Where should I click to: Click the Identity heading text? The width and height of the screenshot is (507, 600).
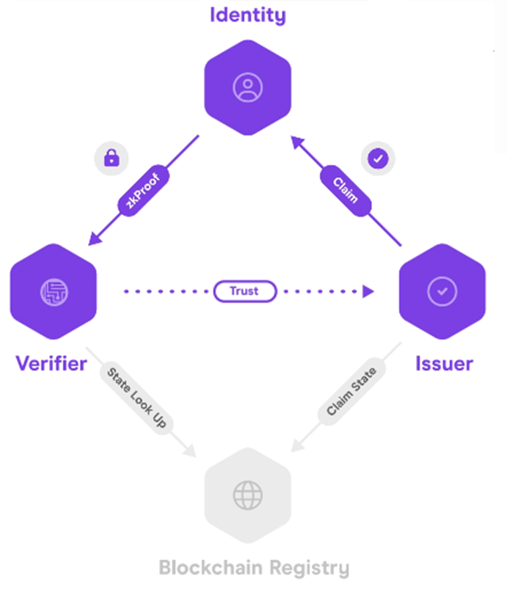247,15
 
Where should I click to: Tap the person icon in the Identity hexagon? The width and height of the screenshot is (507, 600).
247,88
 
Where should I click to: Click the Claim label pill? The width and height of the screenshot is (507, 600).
345,189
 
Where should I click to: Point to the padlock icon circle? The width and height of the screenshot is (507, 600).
112,158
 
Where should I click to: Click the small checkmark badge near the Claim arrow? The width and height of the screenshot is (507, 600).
378,158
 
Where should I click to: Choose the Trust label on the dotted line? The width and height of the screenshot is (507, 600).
244,291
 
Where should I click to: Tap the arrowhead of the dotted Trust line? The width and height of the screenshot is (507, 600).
368,291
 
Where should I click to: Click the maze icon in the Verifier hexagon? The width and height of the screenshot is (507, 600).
54,291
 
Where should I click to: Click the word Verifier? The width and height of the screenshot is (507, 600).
51,363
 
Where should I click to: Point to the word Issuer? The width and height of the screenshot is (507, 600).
444,363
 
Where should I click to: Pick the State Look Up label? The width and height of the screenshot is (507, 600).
137,398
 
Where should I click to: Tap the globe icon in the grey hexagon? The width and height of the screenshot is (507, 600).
247,496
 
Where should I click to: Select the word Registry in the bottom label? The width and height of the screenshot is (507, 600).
308,568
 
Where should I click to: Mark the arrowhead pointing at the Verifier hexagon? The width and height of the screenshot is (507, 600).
94,238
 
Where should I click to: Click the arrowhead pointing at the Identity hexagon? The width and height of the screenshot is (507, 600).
296,141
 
